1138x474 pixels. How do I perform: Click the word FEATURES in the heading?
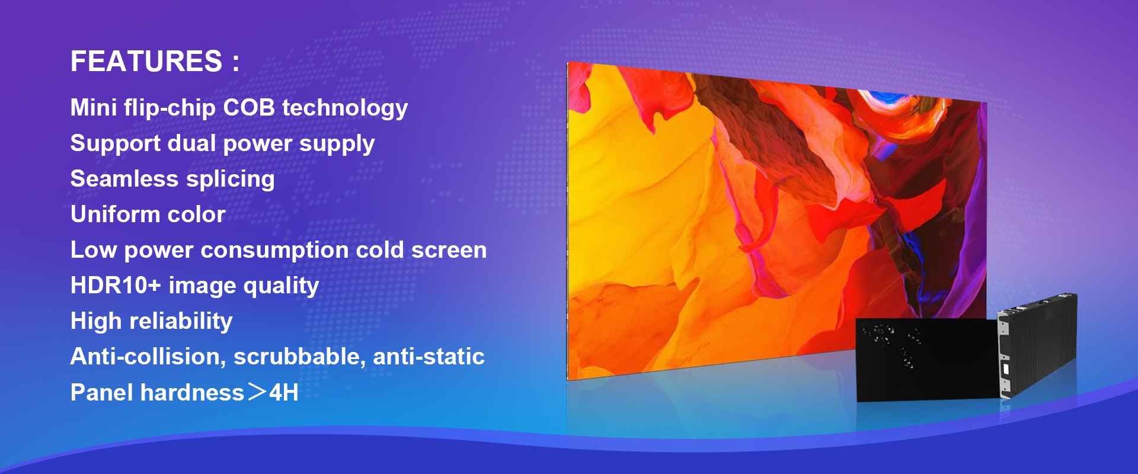[146, 62]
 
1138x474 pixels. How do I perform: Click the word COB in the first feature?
[249, 108]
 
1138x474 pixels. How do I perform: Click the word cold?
[380, 250]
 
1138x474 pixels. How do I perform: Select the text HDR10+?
[116, 286]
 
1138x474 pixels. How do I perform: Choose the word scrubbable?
[300, 357]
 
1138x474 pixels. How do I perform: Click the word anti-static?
[429, 357]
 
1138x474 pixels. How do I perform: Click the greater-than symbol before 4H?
[257, 392]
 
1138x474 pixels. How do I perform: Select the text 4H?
[284, 393]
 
